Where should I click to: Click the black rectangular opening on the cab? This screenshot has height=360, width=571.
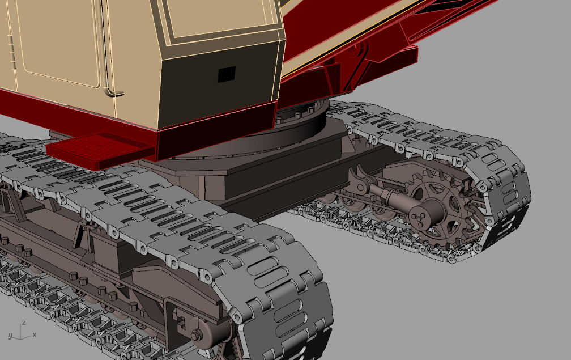point(227,74)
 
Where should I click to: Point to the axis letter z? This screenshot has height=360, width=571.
point(23,323)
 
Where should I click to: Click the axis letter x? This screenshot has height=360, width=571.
point(34,334)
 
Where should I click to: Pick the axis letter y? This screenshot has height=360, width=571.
point(11,336)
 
